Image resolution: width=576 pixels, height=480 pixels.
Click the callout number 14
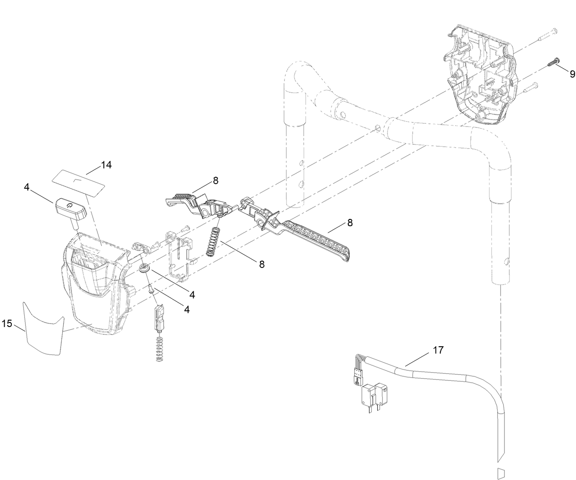[106, 165]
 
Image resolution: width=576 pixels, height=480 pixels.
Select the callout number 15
[7, 323]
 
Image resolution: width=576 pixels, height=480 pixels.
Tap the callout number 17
[438, 350]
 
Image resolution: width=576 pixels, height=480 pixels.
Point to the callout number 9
[572, 74]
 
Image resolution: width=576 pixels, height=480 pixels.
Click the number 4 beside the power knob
[27, 187]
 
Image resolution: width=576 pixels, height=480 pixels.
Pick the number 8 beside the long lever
[350, 223]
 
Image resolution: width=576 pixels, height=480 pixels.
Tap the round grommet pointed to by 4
[145, 268]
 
